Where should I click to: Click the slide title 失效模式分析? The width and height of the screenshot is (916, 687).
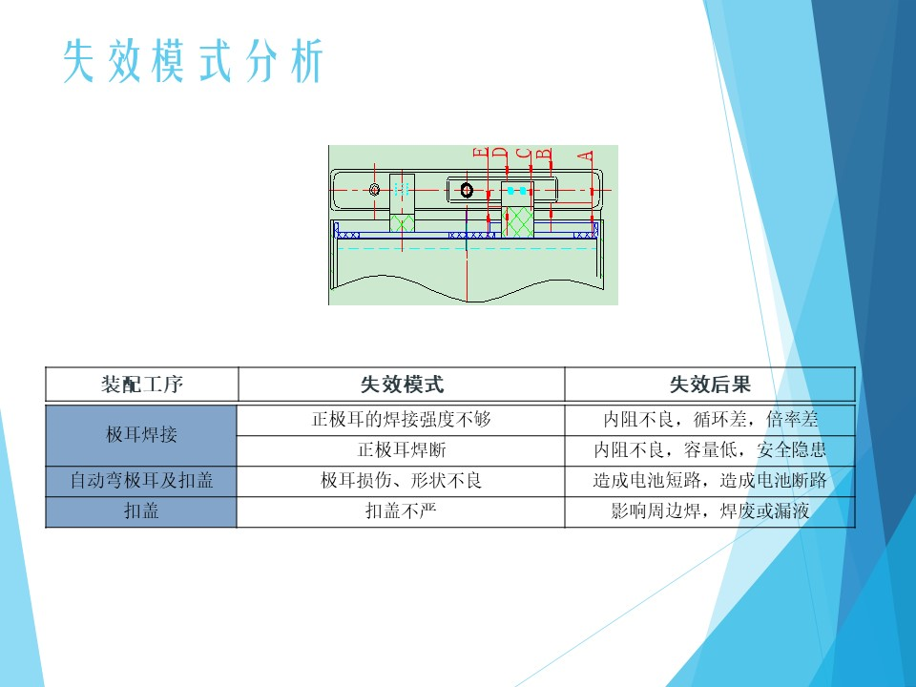point(194,61)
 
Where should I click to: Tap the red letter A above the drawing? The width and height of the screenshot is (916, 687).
point(586,156)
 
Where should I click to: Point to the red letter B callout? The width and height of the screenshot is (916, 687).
point(544,155)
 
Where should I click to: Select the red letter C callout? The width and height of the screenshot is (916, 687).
point(525,155)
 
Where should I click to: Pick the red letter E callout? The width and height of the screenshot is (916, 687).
point(480,154)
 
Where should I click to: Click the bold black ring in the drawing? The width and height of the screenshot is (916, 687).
point(467,190)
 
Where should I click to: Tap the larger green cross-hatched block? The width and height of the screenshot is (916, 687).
point(517,222)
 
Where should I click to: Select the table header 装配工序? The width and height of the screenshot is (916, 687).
point(142,385)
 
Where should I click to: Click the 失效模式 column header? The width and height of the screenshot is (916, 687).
point(402,385)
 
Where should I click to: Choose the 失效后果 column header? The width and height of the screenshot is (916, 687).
point(710,385)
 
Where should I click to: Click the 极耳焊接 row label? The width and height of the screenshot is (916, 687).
point(141,434)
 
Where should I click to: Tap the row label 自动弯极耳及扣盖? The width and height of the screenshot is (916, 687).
point(141,480)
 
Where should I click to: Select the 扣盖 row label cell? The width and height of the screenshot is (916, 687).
point(141,511)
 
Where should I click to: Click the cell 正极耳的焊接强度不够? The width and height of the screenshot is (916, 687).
point(402,419)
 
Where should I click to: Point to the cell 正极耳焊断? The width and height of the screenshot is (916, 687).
point(402,449)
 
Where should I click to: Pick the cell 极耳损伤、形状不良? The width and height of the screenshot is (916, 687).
point(402,480)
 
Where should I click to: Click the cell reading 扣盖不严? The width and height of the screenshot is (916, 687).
point(402,511)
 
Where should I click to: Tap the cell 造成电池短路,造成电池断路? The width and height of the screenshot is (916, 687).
point(710,480)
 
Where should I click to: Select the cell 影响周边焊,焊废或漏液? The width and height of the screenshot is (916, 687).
point(710,511)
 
